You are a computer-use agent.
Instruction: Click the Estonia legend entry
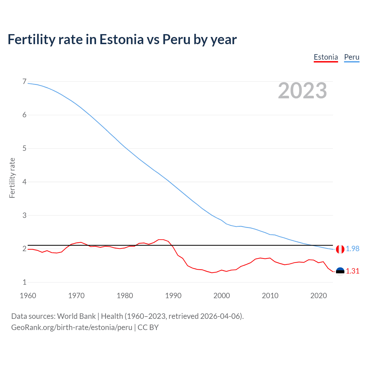click(x=326, y=57)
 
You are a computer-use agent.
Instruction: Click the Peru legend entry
click(x=352, y=57)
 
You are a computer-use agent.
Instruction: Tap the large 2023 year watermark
click(x=302, y=91)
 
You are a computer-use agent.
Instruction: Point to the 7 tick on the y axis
click(x=24, y=82)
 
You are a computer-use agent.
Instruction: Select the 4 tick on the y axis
click(x=24, y=182)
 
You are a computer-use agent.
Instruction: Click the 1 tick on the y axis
click(x=24, y=282)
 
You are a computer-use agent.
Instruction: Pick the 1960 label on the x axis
click(x=28, y=296)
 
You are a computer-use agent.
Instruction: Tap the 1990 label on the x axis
click(x=173, y=296)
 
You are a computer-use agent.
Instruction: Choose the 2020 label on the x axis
click(x=319, y=296)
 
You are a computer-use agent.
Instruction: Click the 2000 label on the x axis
click(x=222, y=296)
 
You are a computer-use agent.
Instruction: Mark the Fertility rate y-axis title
click(x=12, y=178)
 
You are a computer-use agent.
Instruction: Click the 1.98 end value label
click(x=352, y=249)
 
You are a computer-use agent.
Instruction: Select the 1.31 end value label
click(x=352, y=271)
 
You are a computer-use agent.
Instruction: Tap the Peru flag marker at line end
click(x=340, y=249)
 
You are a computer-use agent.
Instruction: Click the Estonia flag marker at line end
click(x=340, y=271)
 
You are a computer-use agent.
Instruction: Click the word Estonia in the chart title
click(x=121, y=39)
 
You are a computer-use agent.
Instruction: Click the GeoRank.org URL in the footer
click(x=72, y=327)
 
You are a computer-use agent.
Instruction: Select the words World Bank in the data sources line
click(x=76, y=316)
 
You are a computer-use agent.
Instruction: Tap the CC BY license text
click(x=148, y=327)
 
